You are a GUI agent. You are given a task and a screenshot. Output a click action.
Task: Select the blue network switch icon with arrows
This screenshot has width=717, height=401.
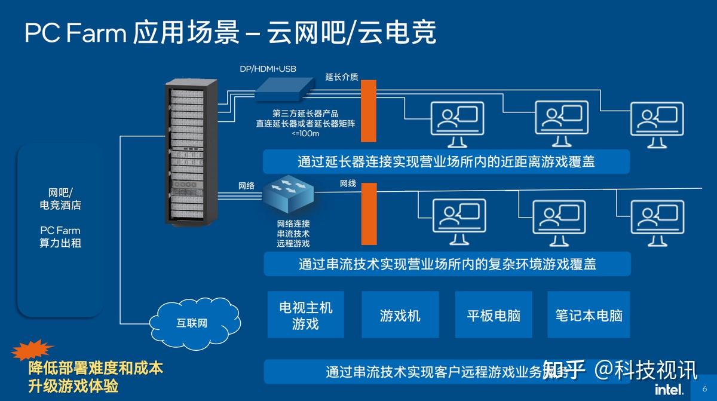(288, 193)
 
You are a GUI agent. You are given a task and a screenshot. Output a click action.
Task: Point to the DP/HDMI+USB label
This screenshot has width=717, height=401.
(268, 69)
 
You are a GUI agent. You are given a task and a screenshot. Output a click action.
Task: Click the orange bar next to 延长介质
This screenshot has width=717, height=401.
(368, 111)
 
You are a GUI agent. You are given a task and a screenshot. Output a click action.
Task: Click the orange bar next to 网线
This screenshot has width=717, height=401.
(369, 214)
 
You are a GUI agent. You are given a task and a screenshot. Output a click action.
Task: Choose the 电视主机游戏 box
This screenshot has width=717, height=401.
(305, 315)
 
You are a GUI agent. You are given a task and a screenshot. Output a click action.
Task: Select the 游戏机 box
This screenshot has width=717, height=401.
(400, 315)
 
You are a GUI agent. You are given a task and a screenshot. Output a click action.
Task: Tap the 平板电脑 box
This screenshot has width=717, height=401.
(493, 315)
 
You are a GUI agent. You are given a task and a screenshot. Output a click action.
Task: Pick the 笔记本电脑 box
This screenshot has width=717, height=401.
(589, 315)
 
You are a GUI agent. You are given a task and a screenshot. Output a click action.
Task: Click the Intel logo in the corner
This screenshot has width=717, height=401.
(669, 389)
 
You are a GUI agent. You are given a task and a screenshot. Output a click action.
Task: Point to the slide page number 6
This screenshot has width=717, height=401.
(704, 389)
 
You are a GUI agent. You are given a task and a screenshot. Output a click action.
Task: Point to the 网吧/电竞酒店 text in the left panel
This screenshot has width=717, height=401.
(60, 199)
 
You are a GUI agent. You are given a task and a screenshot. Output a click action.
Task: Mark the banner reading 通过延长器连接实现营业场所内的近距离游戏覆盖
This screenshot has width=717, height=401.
(446, 161)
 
